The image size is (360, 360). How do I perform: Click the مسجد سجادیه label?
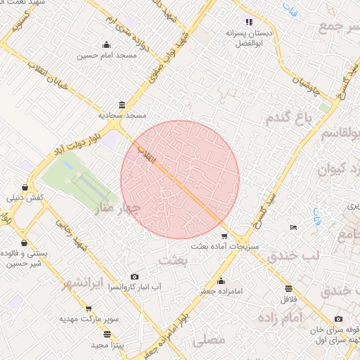point(122,114)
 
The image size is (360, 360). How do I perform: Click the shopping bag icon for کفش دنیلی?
point(26,188)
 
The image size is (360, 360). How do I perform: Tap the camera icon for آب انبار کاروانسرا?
point(135,277)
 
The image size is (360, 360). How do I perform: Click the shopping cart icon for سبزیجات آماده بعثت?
point(224,237)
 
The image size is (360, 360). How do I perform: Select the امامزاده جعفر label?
point(220,290)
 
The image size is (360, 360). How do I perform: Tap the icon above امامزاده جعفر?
point(221,281)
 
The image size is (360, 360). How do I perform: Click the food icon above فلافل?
point(288,288)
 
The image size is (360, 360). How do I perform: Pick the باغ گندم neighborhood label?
point(288,117)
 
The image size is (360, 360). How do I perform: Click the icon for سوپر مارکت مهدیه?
point(89,309)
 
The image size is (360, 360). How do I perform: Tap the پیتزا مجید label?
point(107,345)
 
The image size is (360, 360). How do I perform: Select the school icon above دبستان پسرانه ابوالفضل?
point(248,22)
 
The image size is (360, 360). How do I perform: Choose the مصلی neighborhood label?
point(209,340)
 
